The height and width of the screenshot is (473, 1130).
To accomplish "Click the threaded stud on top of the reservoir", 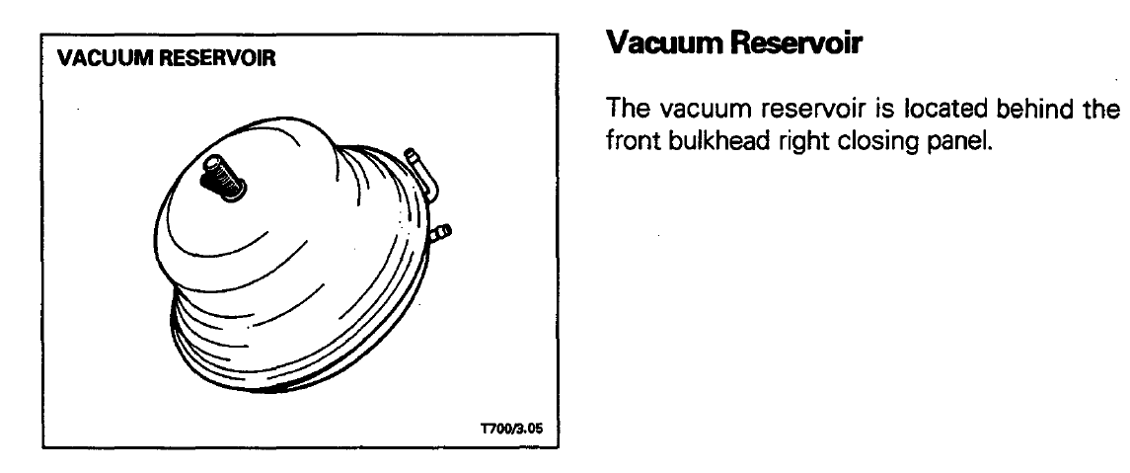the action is (x=223, y=177).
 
